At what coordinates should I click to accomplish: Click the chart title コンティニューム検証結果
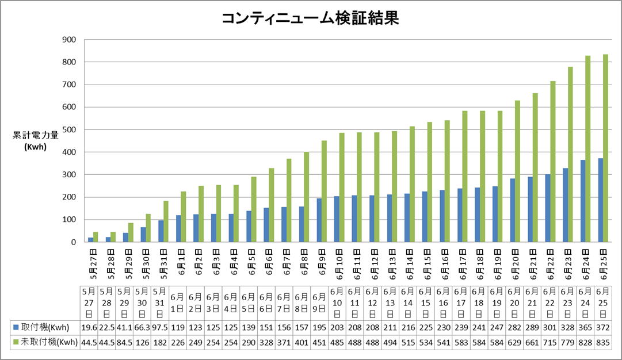point(310,19)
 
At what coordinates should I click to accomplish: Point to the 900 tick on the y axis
point(68,40)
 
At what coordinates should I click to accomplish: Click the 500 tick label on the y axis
point(68,130)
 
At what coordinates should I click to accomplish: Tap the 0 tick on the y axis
point(74,242)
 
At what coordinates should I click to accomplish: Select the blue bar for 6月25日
point(600,200)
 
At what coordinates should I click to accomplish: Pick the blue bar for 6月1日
point(178,229)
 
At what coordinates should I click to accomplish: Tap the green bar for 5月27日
point(96,237)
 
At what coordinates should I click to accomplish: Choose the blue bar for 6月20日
point(512,210)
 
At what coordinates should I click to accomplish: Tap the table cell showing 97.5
point(160,328)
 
